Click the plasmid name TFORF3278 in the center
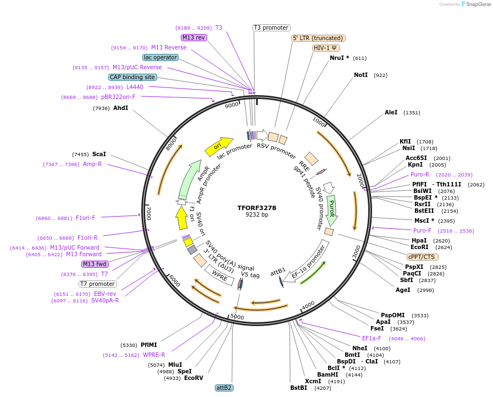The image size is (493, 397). pos(257,208)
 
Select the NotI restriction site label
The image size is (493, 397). pos(361,75)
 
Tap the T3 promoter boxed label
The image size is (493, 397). pos(271,27)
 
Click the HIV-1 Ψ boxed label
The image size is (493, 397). pos(326,48)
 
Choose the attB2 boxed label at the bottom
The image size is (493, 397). pos(224,388)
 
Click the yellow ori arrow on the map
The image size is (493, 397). pos(218,146)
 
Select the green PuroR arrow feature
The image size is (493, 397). pos(331,209)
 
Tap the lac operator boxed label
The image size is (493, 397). pos(160,57)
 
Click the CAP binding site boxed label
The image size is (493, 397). pos(132,78)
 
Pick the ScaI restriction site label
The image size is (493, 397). pos(99,155)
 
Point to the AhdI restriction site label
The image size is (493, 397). pos(120,108)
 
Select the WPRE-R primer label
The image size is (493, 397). pos(154,355)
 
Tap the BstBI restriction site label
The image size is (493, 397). pos(298,388)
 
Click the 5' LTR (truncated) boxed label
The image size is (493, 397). pos(318,38)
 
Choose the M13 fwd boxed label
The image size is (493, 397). pos(95,264)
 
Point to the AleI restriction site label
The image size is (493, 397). pos(391,112)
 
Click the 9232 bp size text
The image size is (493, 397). pos(257,215)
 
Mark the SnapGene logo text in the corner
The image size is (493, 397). pos(477,4)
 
